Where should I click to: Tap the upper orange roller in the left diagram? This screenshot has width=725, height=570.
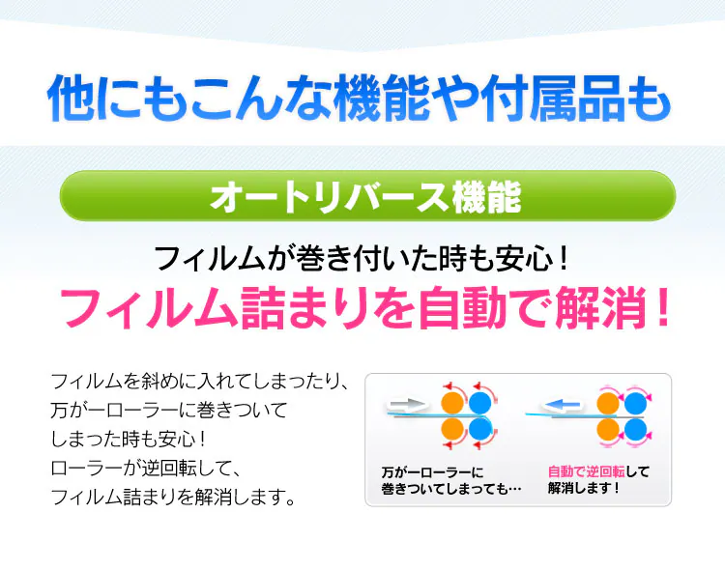452,403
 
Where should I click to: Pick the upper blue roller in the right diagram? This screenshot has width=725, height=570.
635,403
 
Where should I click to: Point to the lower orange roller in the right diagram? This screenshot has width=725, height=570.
608,428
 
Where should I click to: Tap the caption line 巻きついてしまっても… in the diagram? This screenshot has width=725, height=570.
450,488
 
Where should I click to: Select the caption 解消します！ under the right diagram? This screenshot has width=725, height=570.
584,488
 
